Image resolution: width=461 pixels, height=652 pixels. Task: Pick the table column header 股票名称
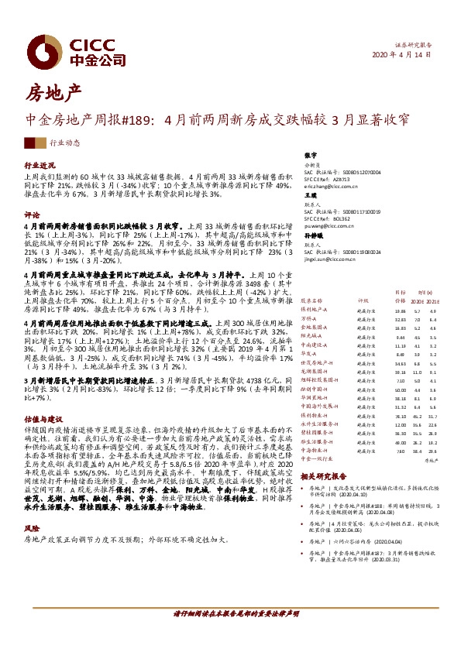point(311,300)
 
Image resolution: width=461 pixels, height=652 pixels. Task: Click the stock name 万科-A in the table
point(310,318)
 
